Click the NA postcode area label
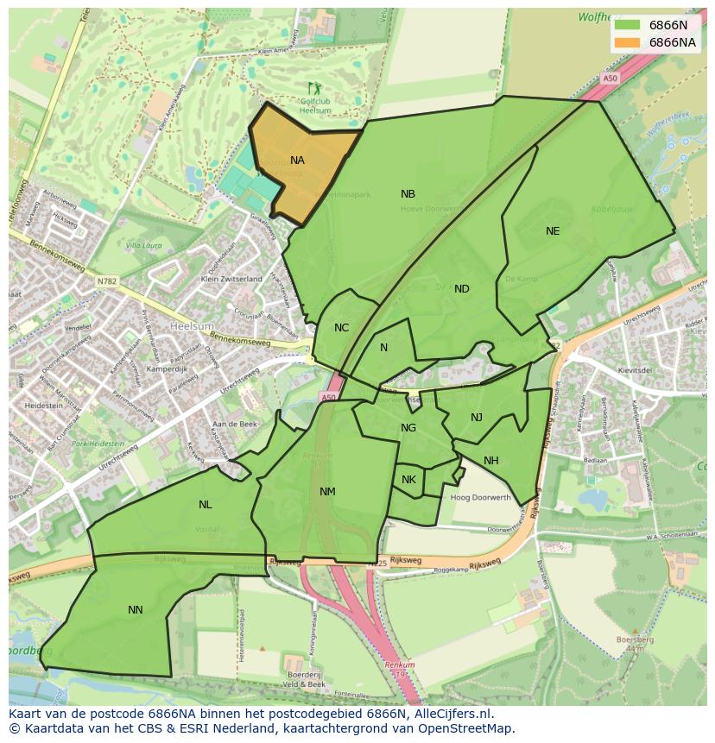pos(297,161)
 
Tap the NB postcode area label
pos(408,194)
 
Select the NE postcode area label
pos(553,231)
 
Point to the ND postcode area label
pos(462,289)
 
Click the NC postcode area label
pos(342,328)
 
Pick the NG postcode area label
pos(408,428)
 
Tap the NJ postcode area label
pos(477,418)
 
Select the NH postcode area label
pos(491,461)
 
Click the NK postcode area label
pos(408,480)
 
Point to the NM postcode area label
pos(327,492)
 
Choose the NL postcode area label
pos(205,505)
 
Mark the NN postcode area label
pos(136,610)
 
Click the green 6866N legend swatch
pos(628,25)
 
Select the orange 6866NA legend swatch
pos(628,42)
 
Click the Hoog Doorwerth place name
pos(480,498)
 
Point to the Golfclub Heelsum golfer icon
pos(313,88)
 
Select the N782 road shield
pos(106,280)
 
